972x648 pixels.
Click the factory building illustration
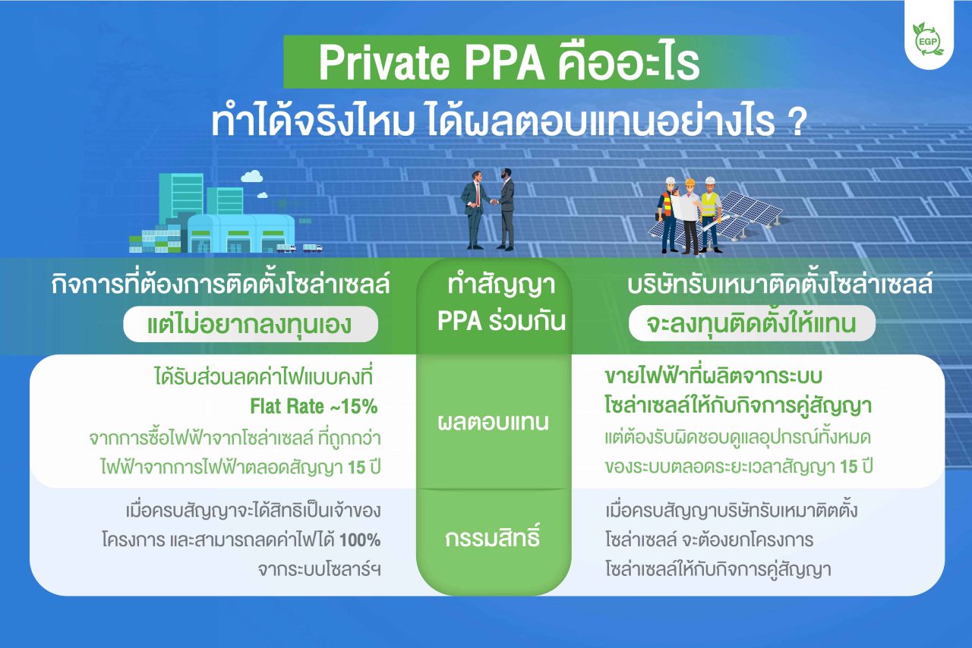pos(220,220)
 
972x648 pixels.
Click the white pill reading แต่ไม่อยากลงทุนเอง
pos(250,325)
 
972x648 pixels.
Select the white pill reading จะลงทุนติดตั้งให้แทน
pos(752,324)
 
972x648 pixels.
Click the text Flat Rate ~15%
pos(314,407)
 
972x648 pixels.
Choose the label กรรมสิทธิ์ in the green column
pos(494,539)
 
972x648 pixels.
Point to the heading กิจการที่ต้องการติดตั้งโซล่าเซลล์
pos(220,286)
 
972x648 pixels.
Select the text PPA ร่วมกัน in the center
pos(502,321)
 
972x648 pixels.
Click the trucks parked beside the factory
pos(299,247)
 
